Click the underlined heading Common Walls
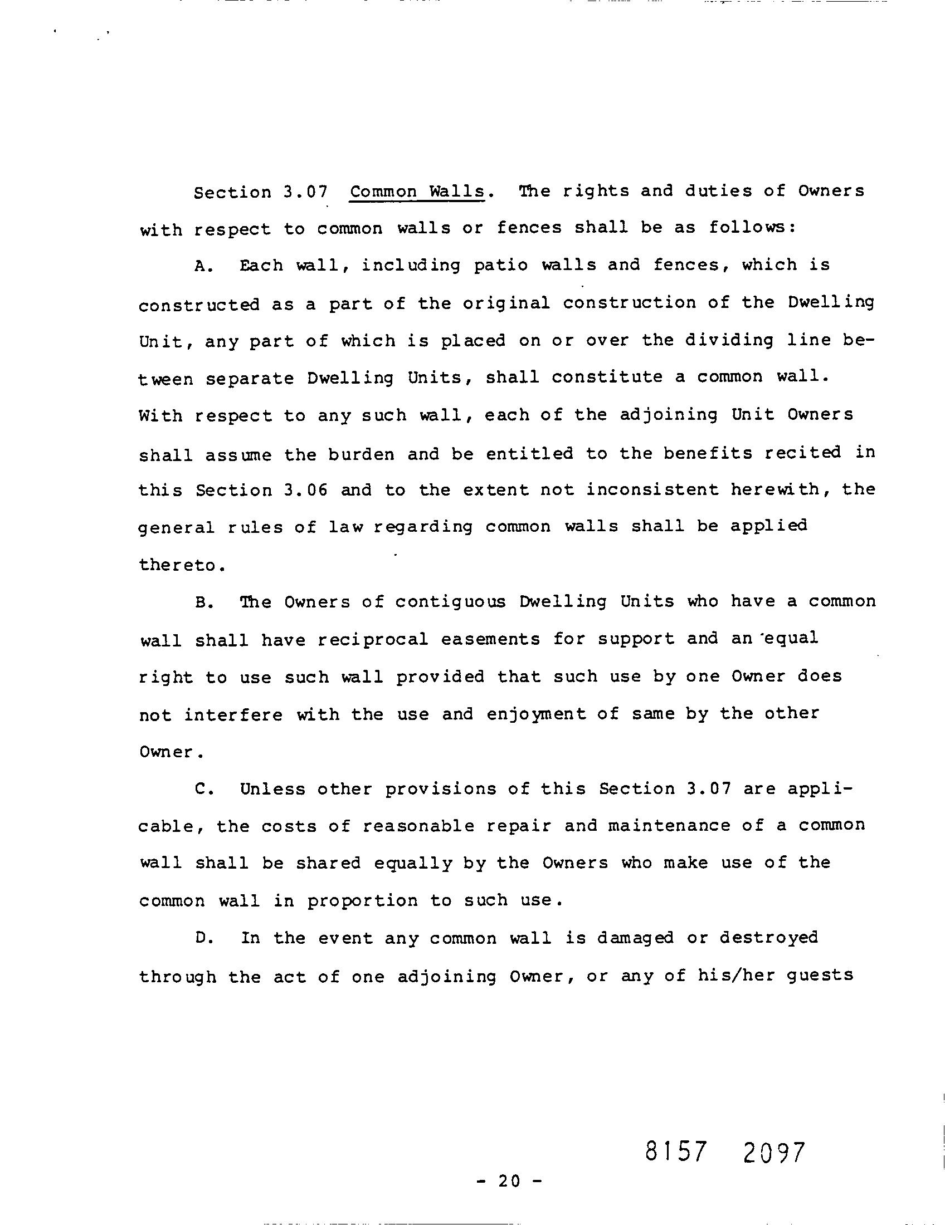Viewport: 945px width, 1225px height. pos(417,192)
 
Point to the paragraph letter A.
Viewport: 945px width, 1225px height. pos(202,266)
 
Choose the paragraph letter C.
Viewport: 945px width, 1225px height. pos(202,790)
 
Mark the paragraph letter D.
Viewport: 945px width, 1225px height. pos(202,939)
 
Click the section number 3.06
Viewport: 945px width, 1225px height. pos(305,490)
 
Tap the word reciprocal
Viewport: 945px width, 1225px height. pos(373,639)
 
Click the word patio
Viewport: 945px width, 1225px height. pos(500,265)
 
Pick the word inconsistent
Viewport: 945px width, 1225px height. pos(652,489)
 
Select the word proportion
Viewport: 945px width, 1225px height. pos(362,901)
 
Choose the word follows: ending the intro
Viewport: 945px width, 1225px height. pos(752,228)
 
